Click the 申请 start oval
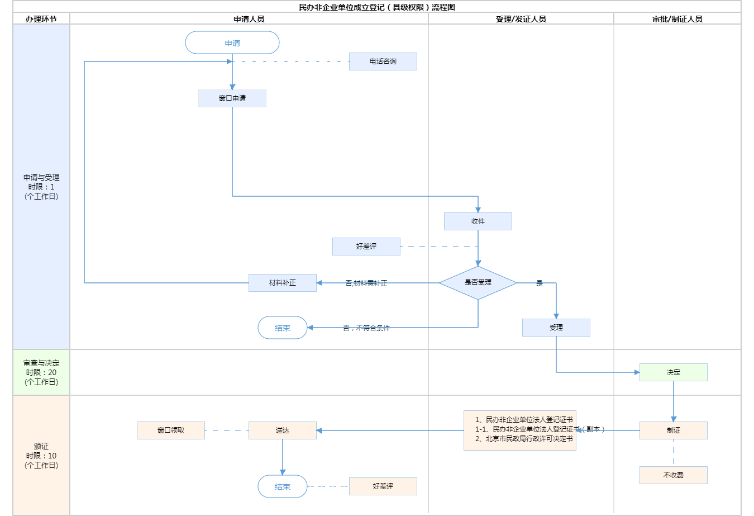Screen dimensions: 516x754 click(232, 43)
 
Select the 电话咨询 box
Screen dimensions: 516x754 click(383, 61)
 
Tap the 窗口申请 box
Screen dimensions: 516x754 click(232, 98)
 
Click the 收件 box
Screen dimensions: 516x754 click(478, 221)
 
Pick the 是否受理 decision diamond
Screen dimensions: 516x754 click(478, 283)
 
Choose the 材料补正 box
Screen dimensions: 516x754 click(283, 283)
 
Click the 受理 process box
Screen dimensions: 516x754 click(556, 328)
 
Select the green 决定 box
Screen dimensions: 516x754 click(674, 372)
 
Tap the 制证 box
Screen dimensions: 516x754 click(674, 430)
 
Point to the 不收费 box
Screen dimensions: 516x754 click(674, 475)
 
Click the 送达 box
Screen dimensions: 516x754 click(283, 430)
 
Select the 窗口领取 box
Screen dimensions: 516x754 click(171, 430)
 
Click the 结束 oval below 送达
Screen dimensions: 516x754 click(283, 486)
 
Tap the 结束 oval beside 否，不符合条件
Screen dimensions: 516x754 click(283, 328)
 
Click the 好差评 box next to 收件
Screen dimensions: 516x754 click(366, 247)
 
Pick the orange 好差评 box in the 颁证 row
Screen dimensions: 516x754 click(383, 486)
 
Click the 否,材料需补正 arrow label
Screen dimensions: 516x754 click(366, 283)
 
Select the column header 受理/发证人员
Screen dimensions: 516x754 click(521, 19)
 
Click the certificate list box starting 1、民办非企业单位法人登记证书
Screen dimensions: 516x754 click(520, 430)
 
